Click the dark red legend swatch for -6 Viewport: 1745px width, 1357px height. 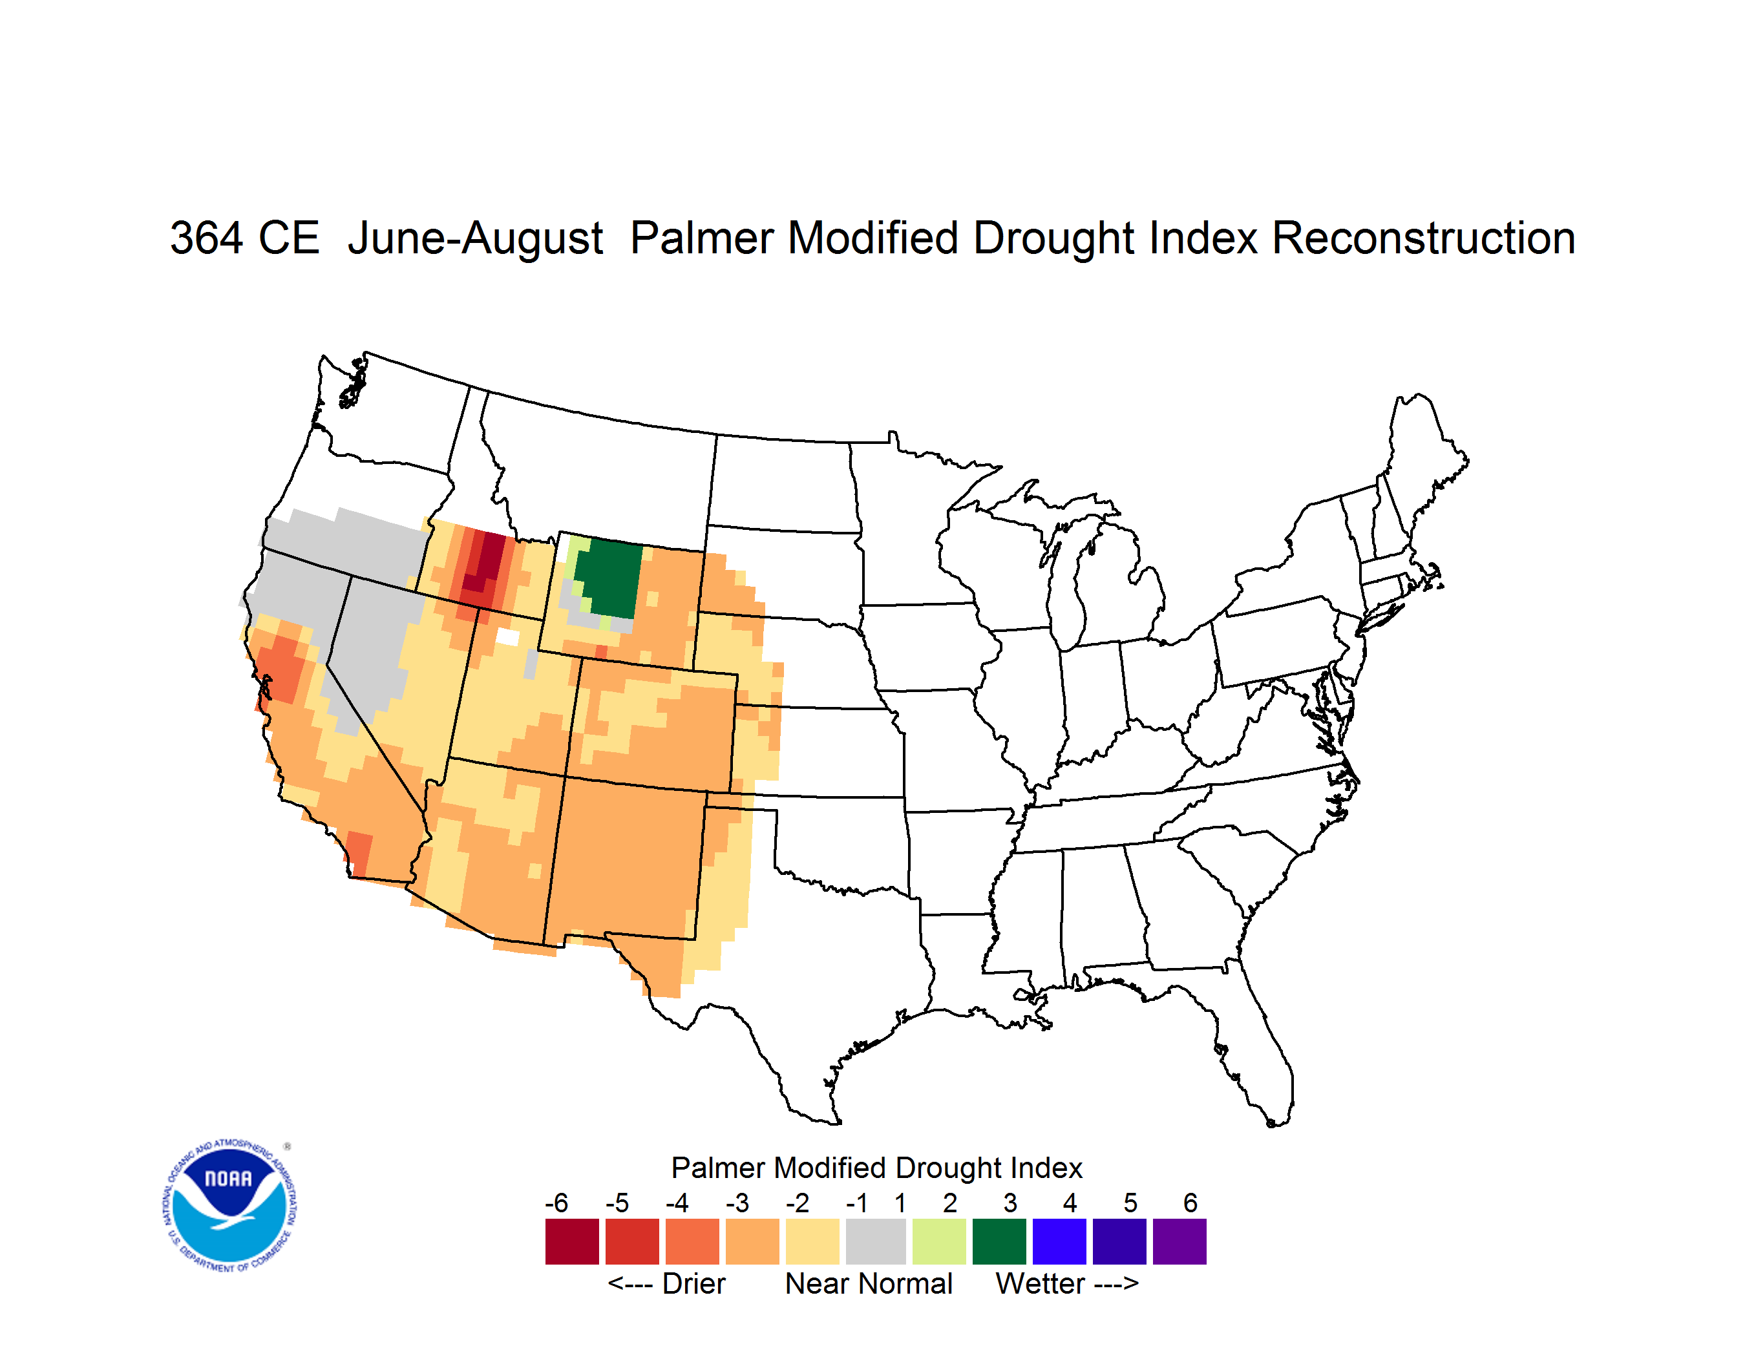coord(572,1241)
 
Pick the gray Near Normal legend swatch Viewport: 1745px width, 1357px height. coord(876,1241)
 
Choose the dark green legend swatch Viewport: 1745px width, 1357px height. coord(999,1241)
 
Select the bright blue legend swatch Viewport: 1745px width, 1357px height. coord(1059,1241)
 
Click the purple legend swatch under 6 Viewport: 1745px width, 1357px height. coord(1179,1241)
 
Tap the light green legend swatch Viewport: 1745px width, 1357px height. coord(939,1241)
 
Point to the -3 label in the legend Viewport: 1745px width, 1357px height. coord(737,1203)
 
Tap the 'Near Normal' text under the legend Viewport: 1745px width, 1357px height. coord(869,1283)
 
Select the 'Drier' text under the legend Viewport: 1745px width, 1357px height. coord(693,1283)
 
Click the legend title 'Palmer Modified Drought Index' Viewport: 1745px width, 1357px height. coord(876,1168)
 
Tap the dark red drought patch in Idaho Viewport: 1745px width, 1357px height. coord(484,562)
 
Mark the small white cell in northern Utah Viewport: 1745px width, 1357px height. coord(507,637)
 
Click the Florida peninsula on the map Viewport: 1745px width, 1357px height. coord(1258,1055)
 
